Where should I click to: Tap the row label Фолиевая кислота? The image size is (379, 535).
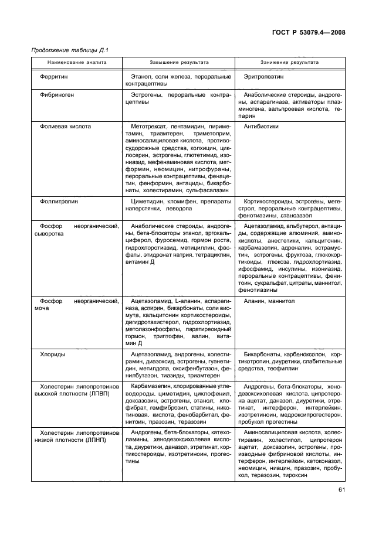pyautogui.click(x=65, y=126)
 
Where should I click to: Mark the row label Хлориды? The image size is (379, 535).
pyautogui.click(x=52, y=355)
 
